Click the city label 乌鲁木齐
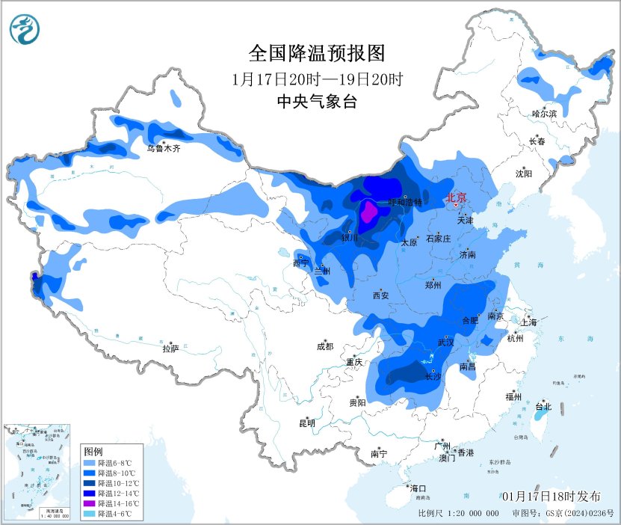pos(163,149)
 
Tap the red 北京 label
pos(456,198)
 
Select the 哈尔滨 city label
pos(545,114)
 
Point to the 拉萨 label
pos(170,349)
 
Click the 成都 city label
pos(325,346)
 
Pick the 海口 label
pos(419,488)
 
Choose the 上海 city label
pos(529,322)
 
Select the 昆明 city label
pos(307,423)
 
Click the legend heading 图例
pos(93,452)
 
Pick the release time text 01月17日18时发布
pos(552,497)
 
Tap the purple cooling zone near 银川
pos(368,214)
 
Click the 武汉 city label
pos(447,342)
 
